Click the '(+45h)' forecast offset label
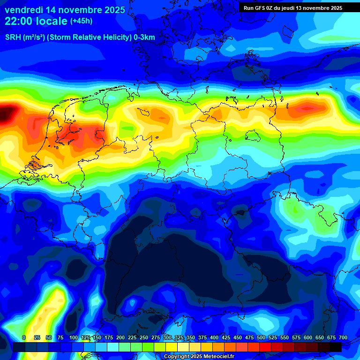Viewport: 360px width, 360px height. (81, 21)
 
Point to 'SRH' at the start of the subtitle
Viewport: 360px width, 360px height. (13, 37)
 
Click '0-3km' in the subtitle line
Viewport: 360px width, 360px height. (144, 37)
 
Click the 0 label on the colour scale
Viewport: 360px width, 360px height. (24, 337)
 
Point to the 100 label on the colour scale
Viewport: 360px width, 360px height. (73, 337)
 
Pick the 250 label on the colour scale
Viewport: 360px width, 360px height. (144, 337)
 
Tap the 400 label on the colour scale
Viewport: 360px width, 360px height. (214, 337)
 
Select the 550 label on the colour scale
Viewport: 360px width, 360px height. (285, 337)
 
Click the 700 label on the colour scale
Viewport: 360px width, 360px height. (343, 337)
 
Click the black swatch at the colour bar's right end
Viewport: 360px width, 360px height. (336, 347)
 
